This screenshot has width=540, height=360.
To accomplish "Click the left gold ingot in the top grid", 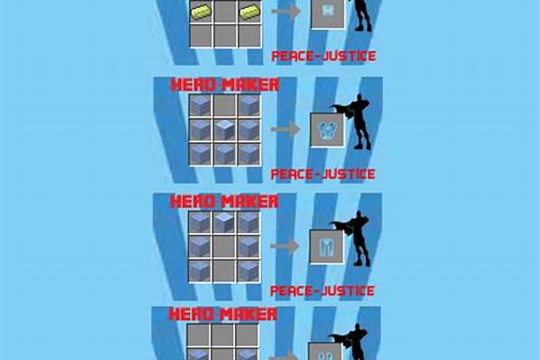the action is point(201,12).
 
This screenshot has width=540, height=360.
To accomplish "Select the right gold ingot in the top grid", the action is point(250,12).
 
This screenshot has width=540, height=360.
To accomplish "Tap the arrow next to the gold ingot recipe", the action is point(286,12).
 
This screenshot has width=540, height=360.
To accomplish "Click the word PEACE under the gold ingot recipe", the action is point(292,56).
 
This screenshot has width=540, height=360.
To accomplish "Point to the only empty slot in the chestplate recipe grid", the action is point(225,106).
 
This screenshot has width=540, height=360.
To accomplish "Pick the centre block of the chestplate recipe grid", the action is point(225,130).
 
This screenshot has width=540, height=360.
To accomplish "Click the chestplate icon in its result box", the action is point(328,131).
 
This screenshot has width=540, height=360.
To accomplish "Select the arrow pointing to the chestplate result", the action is point(285,130).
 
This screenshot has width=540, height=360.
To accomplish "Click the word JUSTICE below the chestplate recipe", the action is point(347,174).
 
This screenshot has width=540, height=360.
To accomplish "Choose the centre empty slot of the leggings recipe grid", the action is point(224,247).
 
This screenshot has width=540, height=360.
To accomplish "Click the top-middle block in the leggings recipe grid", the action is point(224,222).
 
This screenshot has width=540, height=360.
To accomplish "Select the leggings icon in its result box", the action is point(326,247).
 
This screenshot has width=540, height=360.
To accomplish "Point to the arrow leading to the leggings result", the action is point(284,246).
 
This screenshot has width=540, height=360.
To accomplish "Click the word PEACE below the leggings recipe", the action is point(291,291).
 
